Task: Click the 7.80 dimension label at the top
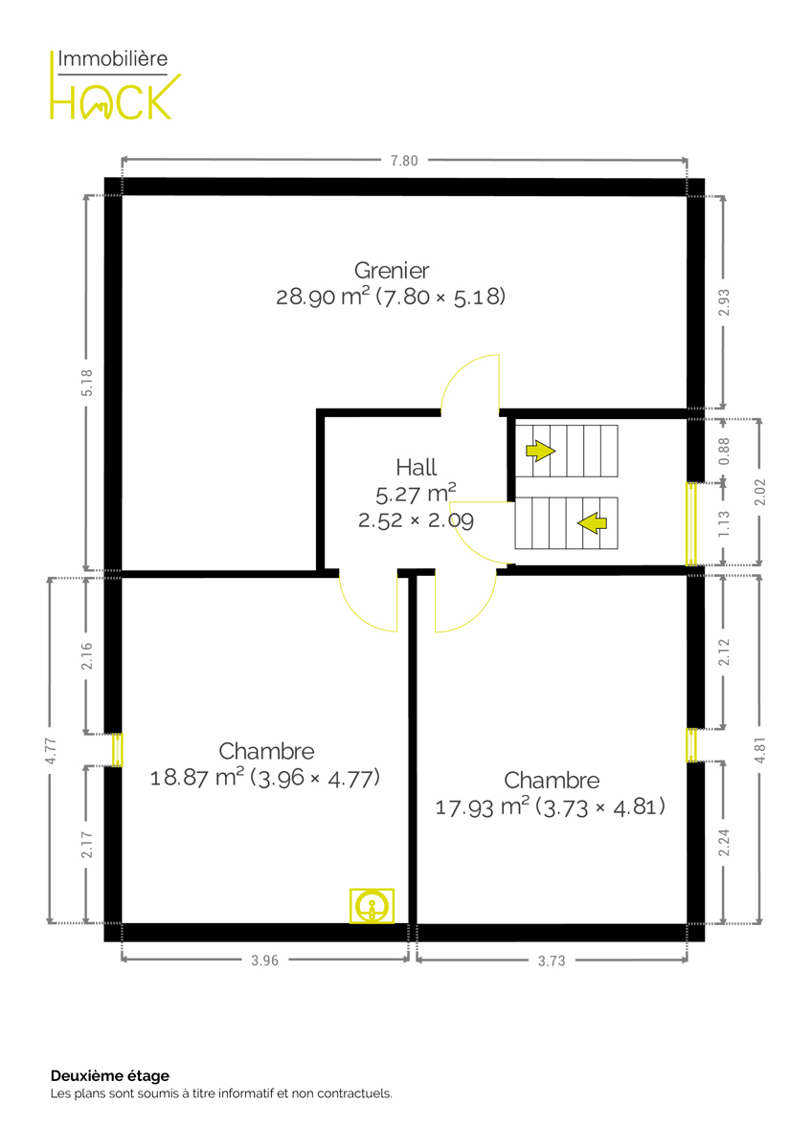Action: [x=404, y=161]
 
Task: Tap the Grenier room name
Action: [x=392, y=271]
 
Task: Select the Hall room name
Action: [x=416, y=468]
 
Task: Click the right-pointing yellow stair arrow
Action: [x=541, y=451]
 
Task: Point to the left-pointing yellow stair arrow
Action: [x=592, y=522]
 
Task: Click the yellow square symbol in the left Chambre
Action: [x=372, y=906]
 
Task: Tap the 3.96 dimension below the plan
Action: [x=264, y=960]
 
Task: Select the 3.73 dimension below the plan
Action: [x=552, y=960]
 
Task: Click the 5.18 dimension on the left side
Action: [x=87, y=383]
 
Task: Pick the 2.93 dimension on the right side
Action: [x=724, y=302]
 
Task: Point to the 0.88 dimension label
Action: [x=724, y=451]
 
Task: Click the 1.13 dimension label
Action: [x=724, y=524]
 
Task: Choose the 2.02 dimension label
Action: [x=759, y=492]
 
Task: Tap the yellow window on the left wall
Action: [x=118, y=750]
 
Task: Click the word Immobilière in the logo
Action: [x=112, y=59]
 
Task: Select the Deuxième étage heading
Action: [x=110, y=1075]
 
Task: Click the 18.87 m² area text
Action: [x=196, y=778]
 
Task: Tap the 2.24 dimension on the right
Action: [x=724, y=842]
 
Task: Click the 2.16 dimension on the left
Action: [x=87, y=655]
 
